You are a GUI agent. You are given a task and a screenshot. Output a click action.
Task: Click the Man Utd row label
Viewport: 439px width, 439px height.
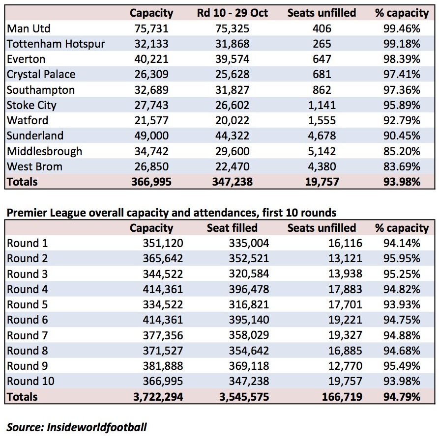coord(29,28)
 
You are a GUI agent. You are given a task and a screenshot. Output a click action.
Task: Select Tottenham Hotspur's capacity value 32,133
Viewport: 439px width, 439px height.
coord(151,44)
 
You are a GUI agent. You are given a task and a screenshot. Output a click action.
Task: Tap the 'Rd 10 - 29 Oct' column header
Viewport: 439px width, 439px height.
coord(232,13)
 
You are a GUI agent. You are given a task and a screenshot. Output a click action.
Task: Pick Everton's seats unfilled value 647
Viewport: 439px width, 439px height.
coord(322,59)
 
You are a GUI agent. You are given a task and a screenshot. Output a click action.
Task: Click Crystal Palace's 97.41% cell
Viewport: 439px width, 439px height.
coord(402,75)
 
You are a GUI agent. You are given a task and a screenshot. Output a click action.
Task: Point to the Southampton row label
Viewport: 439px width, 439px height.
coord(41,90)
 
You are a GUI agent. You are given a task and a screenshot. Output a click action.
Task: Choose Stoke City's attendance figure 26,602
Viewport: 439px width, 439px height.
coord(232,105)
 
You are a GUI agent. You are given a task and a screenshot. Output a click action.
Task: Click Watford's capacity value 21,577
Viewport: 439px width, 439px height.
coord(151,121)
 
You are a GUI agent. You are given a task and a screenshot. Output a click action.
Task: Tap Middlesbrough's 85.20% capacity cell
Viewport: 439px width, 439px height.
coord(402,151)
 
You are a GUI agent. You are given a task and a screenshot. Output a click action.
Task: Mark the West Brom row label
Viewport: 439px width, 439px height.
coord(34,167)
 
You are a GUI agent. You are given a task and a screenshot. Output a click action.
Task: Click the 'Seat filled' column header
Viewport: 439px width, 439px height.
coord(232,228)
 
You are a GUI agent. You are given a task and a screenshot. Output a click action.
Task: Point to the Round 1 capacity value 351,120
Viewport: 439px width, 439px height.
coord(163,243)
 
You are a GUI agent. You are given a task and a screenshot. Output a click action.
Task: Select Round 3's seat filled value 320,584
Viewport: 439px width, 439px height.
coord(249,274)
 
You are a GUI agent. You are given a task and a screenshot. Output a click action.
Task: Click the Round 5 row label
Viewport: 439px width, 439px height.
coord(27,304)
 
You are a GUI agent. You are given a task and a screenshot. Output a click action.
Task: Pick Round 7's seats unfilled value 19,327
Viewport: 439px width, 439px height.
coord(345,335)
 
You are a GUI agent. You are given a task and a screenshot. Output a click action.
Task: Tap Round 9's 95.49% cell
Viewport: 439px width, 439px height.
coord(402,366)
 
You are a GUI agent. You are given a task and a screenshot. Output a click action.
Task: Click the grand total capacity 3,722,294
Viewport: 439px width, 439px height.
coord(158,397)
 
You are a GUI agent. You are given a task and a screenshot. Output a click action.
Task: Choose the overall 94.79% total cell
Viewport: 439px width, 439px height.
coord(402,397)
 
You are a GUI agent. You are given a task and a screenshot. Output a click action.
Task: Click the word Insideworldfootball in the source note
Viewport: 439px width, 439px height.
coord(97,428)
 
